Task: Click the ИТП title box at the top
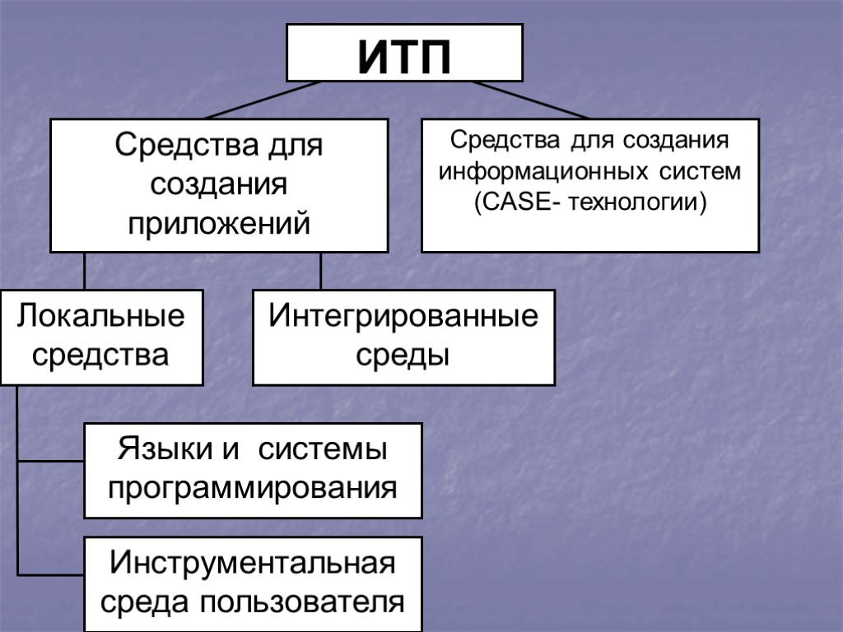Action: (x=404, y=53)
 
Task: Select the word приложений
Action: (x=219, y=222)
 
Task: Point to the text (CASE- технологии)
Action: (x=589, y=202)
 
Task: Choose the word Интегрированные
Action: (x=403, y=317)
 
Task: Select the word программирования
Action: (x=253, y=488)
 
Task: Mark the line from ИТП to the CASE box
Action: (x=531, y=100)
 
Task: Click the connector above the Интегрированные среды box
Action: (x=321, y=271)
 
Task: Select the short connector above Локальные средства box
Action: (x=84, y=271)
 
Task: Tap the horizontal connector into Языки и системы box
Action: (x=51, y=462)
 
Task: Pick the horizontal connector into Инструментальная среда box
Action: (x=51, y=575)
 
